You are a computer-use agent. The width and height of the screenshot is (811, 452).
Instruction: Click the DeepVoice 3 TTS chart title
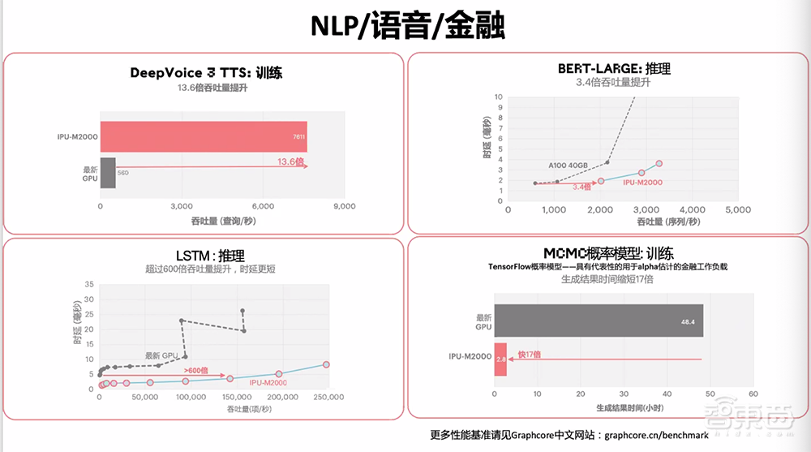(x=206, y=72)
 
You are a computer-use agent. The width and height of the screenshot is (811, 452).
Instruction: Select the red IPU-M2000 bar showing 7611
(x=203, y=136)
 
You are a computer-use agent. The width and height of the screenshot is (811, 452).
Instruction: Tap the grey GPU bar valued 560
(x=108, y=173)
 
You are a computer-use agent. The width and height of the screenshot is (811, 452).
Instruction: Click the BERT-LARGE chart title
(x=613, y=69)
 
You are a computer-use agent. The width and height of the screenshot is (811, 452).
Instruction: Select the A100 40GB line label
(x=569, y=166)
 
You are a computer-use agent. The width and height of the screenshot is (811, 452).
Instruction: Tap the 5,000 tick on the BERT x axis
(x=738, y=210)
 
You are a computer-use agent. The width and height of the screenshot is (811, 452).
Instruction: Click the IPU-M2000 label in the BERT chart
(x=642, y=183)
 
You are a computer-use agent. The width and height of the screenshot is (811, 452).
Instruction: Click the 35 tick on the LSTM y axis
(x=89, y=285)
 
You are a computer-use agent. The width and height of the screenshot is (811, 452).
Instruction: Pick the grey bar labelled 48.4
(x=599, y=321)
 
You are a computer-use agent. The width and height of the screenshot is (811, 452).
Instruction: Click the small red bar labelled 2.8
(x=500, y=358)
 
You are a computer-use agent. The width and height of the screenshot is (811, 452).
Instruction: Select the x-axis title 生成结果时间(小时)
(x=624, y=407)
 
